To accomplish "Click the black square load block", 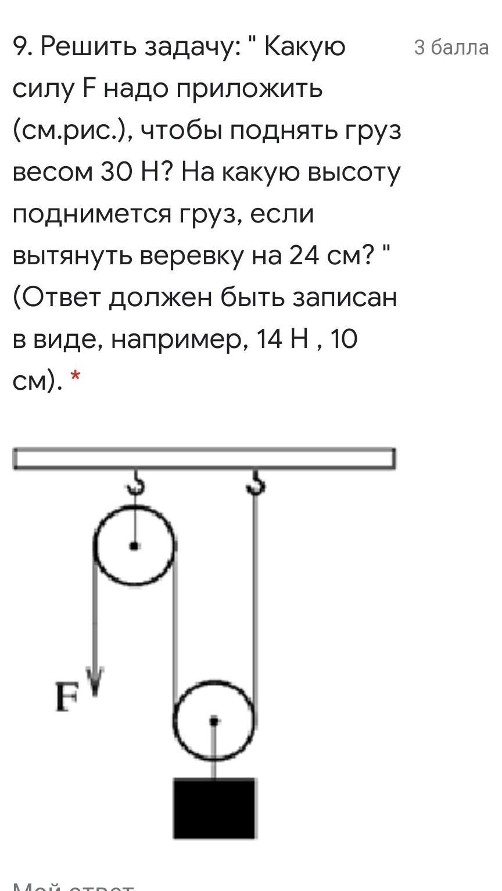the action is pyautogui.click(x=214, y=808).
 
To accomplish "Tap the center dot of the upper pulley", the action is pyautogui.click(x=134, y=545).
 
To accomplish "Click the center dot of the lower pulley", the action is pyautogui.click(x=214, y=721).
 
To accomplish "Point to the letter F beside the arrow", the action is pyautogui.click(x=67, y=697).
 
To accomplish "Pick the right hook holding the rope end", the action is pyautogui.click(x=255, y=482).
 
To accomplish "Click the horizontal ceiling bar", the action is pyautogui.click(x=204, y=458).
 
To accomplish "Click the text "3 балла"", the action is pyautogui.click(x=451, y=47).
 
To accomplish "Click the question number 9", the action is pyautogui.click(x=21, y=47).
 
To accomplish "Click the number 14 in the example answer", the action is pyautogui.click(x=268, y=339).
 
